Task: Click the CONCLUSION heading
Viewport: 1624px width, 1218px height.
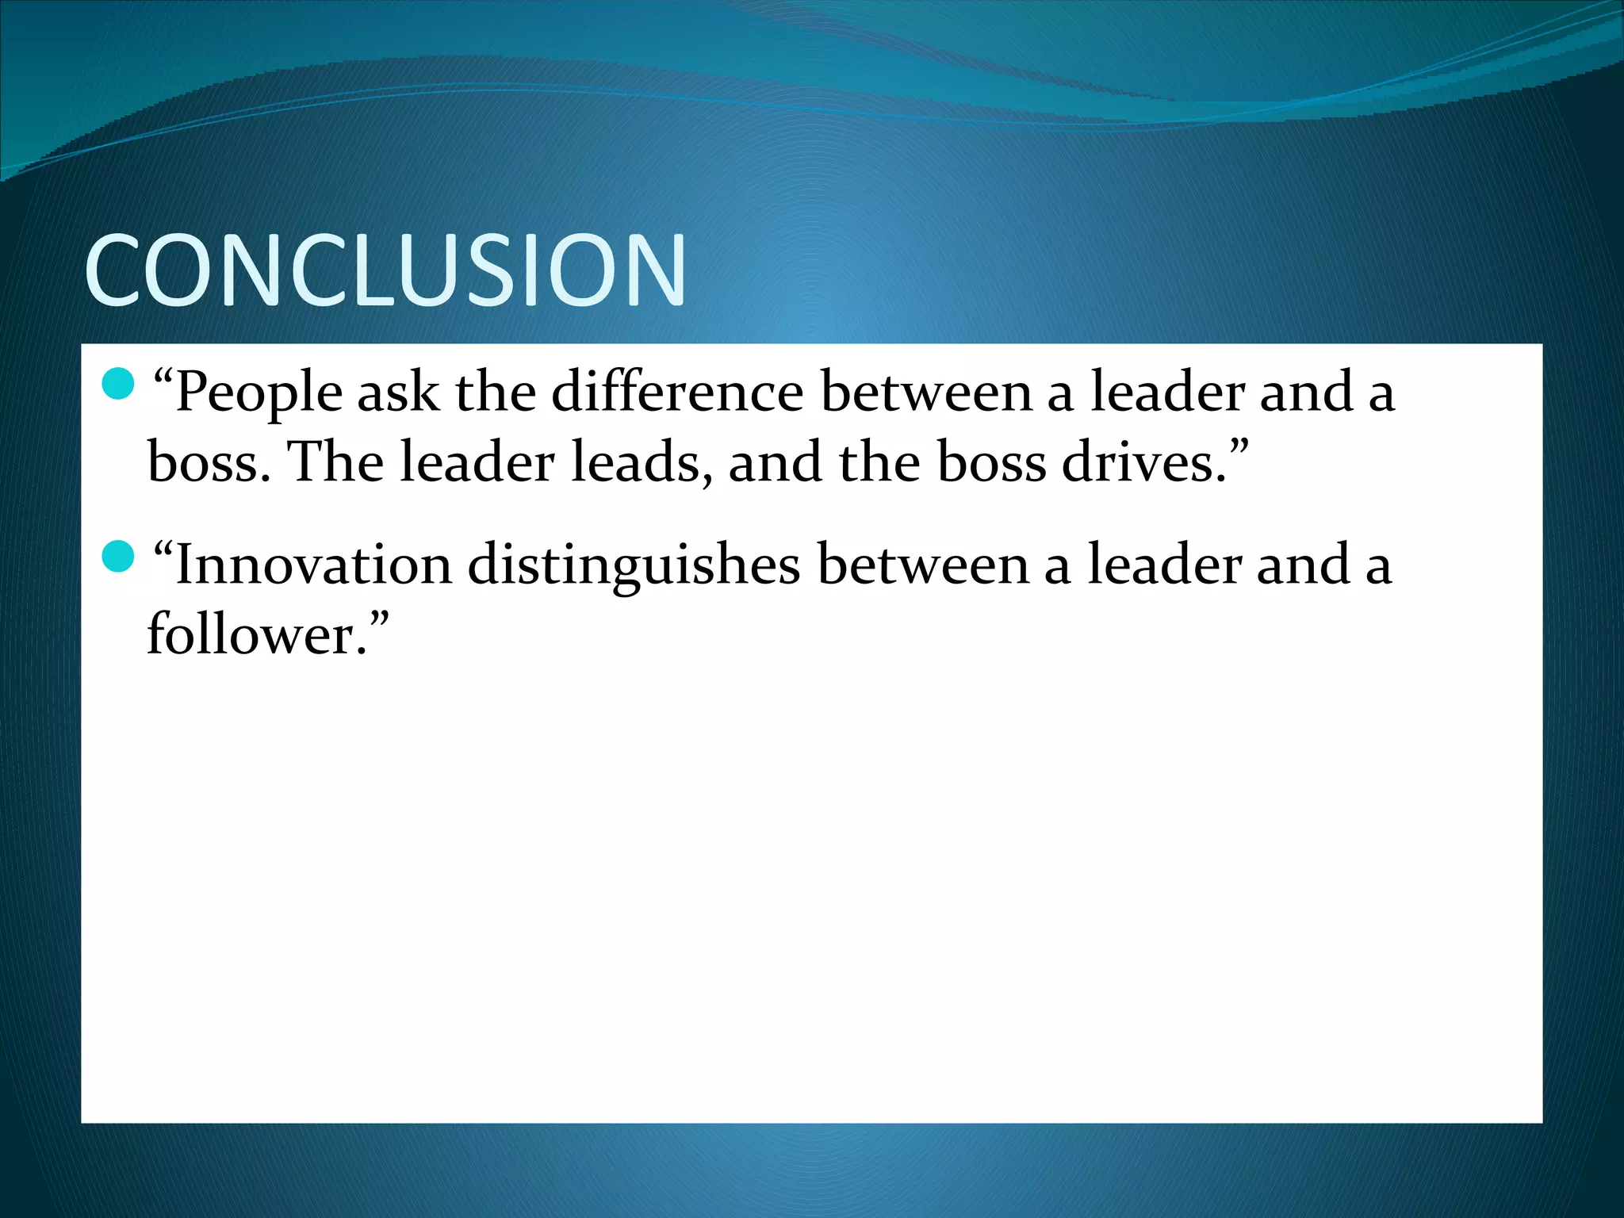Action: [x=385, y=270]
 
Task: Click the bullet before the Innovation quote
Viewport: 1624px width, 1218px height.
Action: [x=118, y=556]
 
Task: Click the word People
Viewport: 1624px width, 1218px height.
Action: [x=259, y=394]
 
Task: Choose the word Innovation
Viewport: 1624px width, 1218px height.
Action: [x=313, y=565]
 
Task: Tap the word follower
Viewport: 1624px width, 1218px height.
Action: [x=248, y=634]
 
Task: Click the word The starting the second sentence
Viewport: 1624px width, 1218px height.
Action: [x=335, y=462]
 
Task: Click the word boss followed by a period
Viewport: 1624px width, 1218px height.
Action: [x=201, y=462]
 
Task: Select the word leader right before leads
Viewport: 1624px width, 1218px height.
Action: [x=477, y=462]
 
